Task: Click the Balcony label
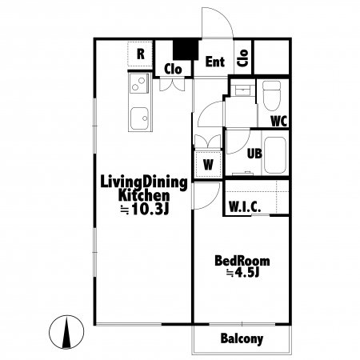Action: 242,339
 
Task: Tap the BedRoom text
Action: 242,261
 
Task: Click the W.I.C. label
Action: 245,206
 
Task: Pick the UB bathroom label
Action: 254,154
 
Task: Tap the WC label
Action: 278,122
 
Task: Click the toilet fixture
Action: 272,96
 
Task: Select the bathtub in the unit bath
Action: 275,155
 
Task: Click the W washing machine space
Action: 208,165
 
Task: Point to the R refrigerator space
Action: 140,54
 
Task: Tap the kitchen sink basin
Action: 139,118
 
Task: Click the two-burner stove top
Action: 139,83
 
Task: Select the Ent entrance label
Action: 215,62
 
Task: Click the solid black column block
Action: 186,50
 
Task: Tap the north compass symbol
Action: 66,332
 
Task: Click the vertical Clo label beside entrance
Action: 243,58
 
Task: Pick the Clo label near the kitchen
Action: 173,70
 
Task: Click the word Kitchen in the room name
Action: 144,195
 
